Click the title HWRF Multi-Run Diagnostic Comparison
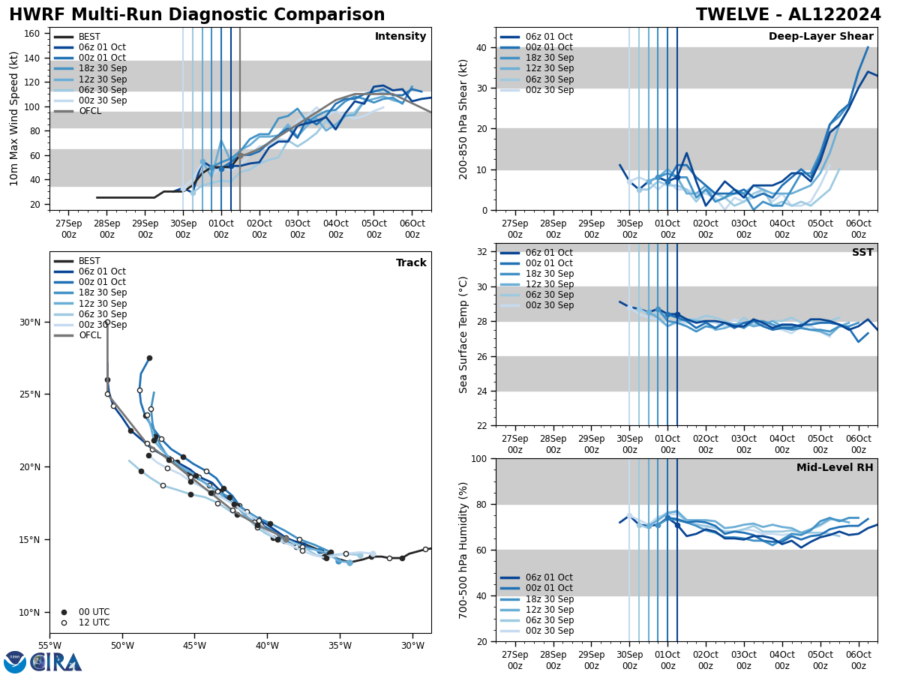coord(196,15)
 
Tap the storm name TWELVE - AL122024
coord(788,15)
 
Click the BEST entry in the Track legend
coord(89,261)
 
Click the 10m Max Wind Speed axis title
coord(15,118)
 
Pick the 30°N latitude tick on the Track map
coord(30,322)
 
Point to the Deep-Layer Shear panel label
coord(820,37)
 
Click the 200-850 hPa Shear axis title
coord(463,118)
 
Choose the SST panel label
coord(862,253)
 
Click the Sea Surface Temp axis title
coord(463,334)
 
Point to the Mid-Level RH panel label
coord(835,468)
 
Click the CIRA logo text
coord(56,661)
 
